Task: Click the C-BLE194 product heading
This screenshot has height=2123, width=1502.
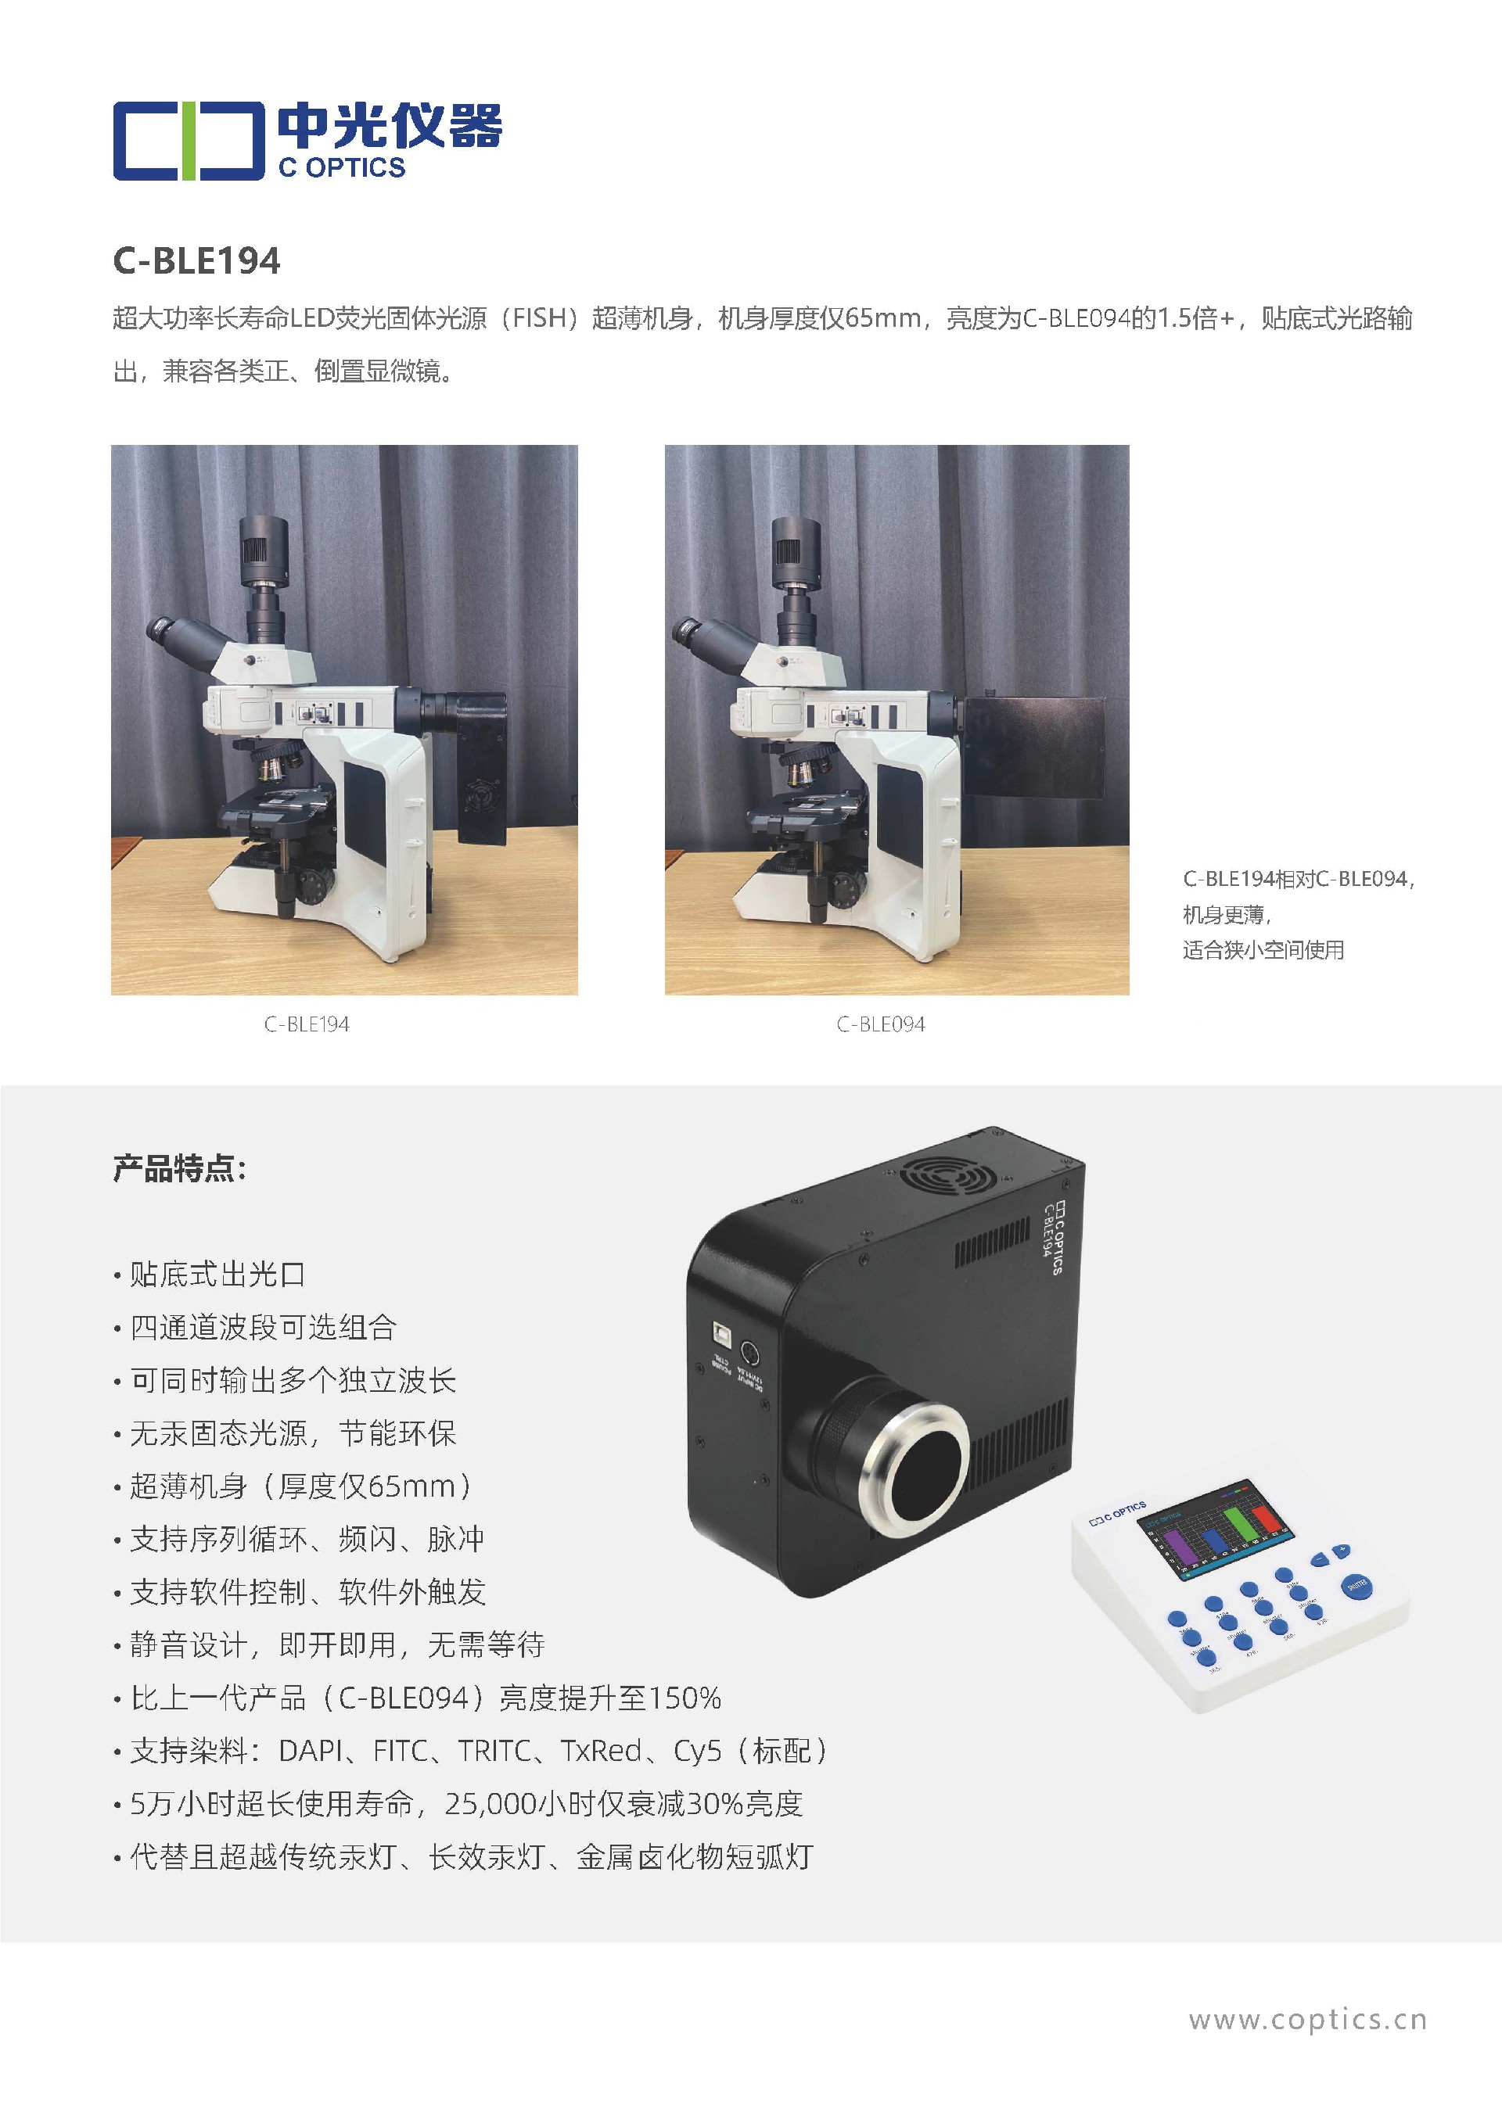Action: coord(196,262)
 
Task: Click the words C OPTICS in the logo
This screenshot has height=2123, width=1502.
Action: coord(342,167)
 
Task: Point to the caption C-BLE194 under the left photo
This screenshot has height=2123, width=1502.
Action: coord(306,1024)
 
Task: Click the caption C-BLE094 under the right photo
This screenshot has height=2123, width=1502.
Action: coord(881,1024)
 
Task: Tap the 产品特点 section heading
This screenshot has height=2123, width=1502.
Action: coord(179,1169)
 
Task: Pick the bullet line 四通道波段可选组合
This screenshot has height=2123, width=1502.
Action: coord(263,1327)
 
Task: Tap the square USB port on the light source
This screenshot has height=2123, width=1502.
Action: coord(720,1332)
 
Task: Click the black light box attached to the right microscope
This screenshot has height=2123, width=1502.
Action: coord(1035,749)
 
